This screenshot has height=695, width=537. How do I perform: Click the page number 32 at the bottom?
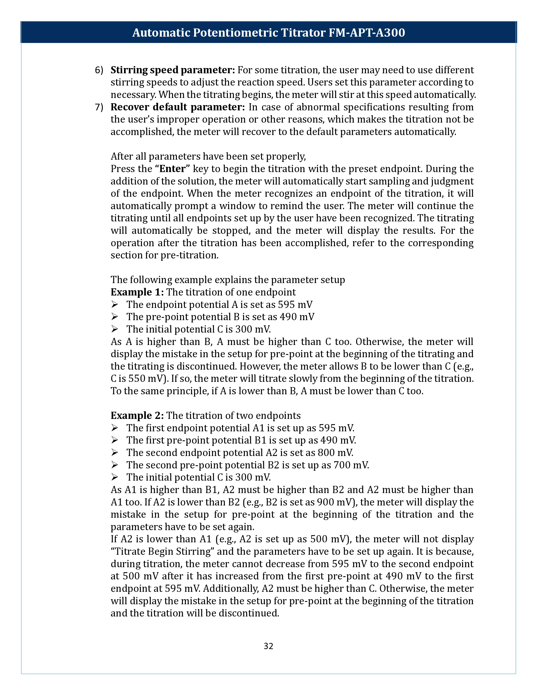point(268,646)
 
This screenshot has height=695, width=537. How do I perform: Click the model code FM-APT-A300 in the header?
point(366,32)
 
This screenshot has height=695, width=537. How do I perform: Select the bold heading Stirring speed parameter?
point(172,70)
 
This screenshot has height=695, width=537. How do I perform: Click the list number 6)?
point(99,70)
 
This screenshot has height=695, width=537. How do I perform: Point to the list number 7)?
point(99,107)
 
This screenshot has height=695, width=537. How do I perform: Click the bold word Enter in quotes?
point(172,169)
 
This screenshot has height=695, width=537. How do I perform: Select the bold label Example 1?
point(137,292)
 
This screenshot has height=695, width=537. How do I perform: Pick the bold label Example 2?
point(137,416)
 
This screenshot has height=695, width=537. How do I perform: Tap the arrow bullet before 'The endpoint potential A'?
point(115,305)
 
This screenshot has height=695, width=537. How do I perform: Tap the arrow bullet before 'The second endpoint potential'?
point(115,453)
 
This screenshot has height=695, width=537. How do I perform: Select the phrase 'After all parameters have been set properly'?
point(208,156)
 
